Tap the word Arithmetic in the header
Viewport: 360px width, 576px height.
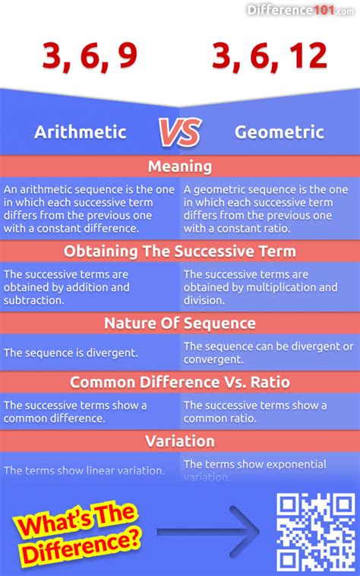tap(80, 131)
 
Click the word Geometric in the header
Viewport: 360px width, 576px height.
tap(279, 131)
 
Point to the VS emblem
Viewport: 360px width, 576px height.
tap(180, 131)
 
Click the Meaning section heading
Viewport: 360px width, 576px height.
tap(180, 166)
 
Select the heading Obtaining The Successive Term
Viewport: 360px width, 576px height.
tap(180, 252)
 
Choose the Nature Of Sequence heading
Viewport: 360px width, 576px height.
tap(180, 323)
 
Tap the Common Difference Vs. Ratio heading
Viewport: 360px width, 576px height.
tap(180, 382)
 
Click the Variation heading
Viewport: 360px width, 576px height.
tap(180, 441)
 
